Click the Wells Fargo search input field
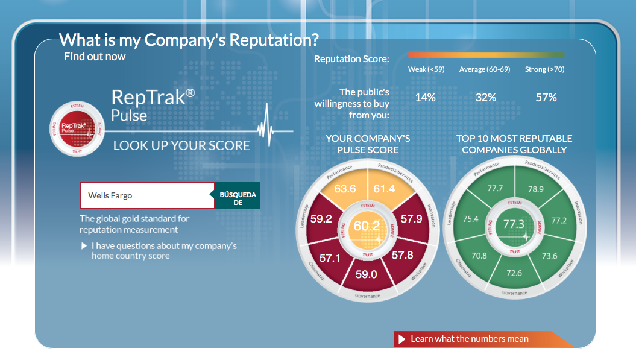click(147, 195)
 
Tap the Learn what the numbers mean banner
click(483, 339)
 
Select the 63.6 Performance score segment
click(345, 189)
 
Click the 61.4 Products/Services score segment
click(384, 189)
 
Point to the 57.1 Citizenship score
click(329, 257)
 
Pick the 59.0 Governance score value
click(367, 274)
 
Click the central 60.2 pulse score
click(367, 226)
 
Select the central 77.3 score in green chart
click(514, 224)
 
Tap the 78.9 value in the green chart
click(535, 189)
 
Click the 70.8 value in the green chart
click(479, 256)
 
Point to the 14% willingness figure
click(426, 98)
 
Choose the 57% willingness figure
click(546, 98)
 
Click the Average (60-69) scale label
click(485, 69)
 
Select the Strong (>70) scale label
click(544, 69)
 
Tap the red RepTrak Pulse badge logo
click(77, 128)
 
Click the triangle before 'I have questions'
click(84, 246)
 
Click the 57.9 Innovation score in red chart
click(411, 219)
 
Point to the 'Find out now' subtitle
click(95, 57)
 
